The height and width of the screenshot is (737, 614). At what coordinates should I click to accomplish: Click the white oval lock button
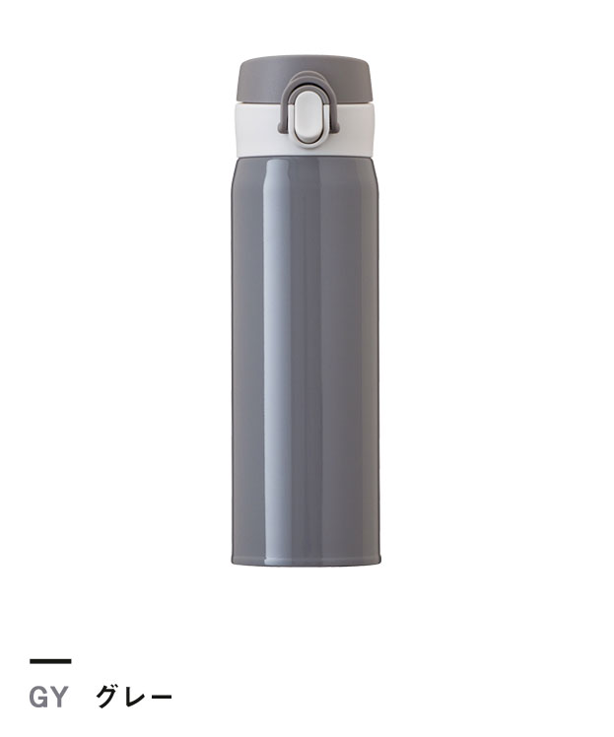(x=307, y=116)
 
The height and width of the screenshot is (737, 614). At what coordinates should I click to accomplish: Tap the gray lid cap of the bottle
(x=307, y=79)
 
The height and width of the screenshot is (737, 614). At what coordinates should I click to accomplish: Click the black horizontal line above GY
(x=50, y=661)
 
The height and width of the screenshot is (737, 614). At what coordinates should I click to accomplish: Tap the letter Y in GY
(x=59, y=697)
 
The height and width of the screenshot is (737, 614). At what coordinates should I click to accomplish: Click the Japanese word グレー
(x=134, y=697)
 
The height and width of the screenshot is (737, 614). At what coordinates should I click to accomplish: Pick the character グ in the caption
(x=107, y=697)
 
